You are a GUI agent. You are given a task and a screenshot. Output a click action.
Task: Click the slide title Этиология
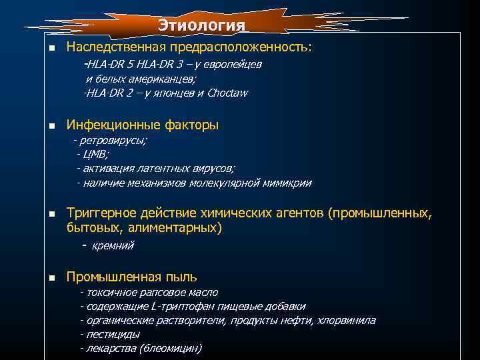(202, 25)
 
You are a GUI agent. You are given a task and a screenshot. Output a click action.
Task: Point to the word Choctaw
(227, 93)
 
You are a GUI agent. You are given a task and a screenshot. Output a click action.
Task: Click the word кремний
(113, 246)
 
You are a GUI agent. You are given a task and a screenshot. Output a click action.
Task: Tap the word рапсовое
(151, 293)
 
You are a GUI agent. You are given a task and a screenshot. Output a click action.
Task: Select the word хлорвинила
(347, 321)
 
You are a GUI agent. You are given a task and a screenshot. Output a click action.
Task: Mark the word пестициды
(113, 335)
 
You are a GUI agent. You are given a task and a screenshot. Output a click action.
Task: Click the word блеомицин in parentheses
(168, 349)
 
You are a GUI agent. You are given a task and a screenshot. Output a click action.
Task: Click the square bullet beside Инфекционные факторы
(51, 125)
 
